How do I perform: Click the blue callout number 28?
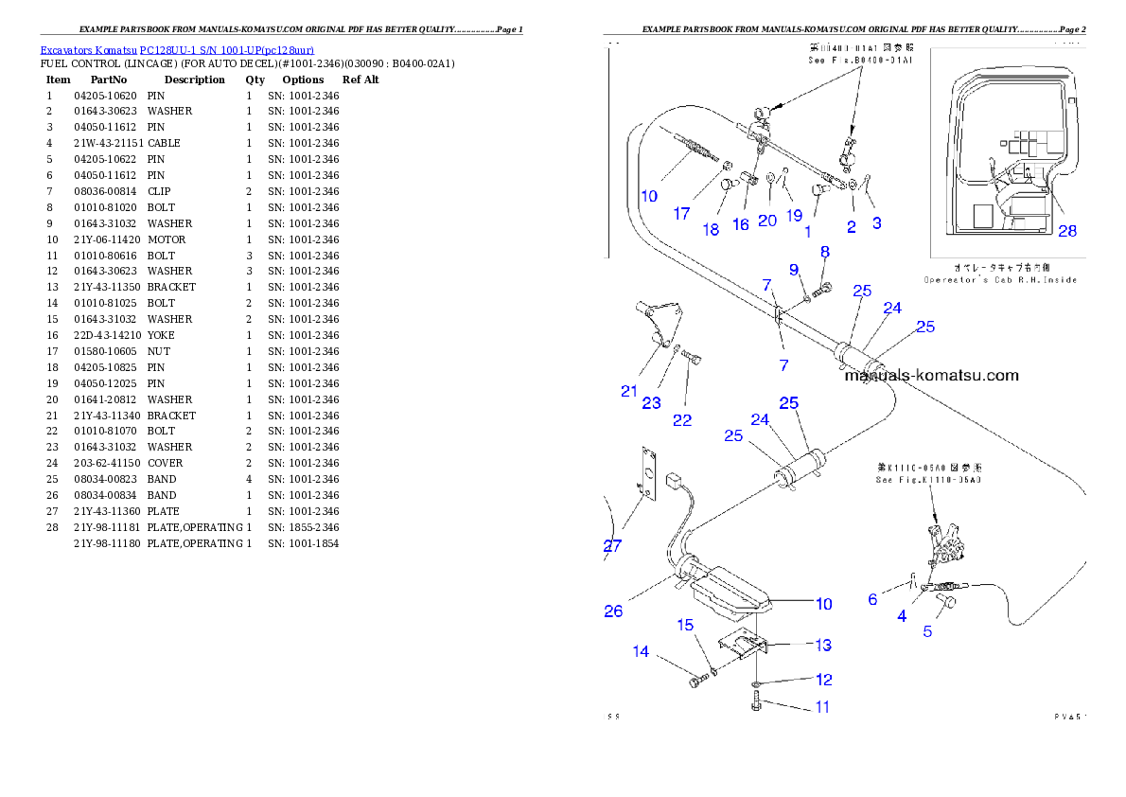click(1066, 230)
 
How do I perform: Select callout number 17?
click(681, 214)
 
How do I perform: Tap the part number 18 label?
click(711, 230)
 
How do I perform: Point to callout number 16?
click(740, 225)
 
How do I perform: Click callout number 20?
click(766, 221)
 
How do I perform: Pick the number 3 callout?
click(877, 223)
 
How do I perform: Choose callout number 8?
click(824, 252)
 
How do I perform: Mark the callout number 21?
click(629, 391)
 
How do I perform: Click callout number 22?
click(682, 420)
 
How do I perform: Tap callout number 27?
click(613, 545)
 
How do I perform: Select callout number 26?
click(613, 611)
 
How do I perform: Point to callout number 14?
click(642, 651)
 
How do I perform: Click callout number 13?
click(823, 646)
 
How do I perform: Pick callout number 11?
click(822, 707)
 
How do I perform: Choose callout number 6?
click(872, 599)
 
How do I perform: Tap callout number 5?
click(927, 631)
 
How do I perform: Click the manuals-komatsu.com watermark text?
click(931, 375)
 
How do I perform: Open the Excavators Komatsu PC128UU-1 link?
click(177, 49)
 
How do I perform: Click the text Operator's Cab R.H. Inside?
click(1000, 280)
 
